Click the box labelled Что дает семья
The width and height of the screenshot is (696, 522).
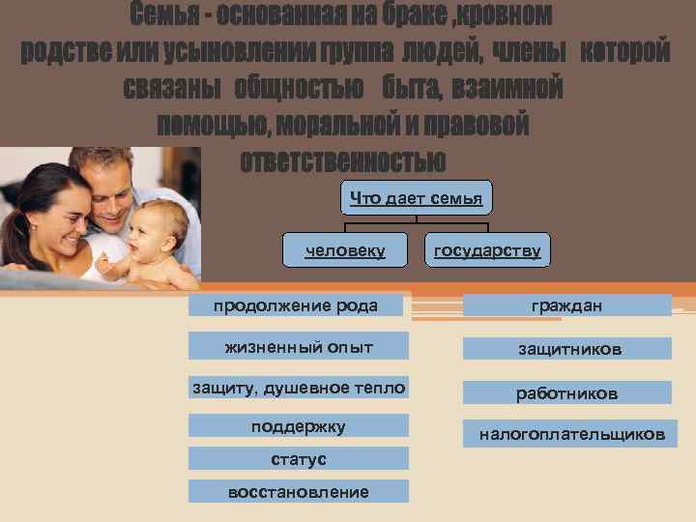point(416,198)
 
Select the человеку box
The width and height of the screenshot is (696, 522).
point(345,251)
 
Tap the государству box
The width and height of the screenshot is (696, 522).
point(486,251)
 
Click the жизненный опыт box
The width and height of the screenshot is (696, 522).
point(298,346)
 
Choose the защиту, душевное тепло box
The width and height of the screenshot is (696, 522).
point(298,388)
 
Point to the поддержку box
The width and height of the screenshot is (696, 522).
point(298,425)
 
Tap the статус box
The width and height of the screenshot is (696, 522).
point(298,458)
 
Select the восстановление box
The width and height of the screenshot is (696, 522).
point(298,492)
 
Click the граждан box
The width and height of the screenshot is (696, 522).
point(566,305)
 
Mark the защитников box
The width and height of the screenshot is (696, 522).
point(566,349)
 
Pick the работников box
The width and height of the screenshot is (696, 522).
point(566,393)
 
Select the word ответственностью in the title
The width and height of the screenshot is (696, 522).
point(343,159)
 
